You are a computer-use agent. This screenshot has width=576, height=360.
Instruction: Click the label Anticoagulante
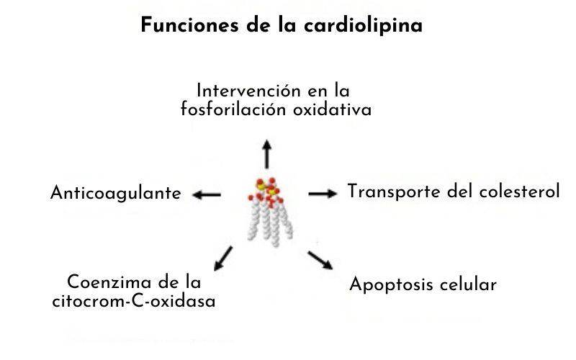(116, 194)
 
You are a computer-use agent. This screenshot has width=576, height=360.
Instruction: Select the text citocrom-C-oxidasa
(134, 300)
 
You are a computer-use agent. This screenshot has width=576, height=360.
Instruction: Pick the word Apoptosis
(392, 285)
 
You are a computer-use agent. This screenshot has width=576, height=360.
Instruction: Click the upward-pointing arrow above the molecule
(267, 153)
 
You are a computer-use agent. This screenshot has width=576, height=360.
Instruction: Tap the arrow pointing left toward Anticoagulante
(207, 194)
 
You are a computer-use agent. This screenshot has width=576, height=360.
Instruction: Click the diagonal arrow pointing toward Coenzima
(223, 257)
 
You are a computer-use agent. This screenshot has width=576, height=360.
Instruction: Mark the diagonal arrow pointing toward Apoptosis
(320, 260)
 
